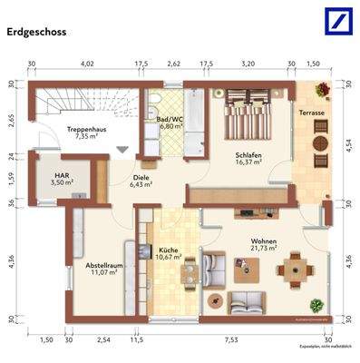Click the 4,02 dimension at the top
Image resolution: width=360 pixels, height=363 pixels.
[88, 64]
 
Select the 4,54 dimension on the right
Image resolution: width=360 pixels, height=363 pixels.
[350, 142]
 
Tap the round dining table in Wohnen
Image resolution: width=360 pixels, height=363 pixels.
[292, 269]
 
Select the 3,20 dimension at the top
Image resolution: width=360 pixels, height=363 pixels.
[248, 64]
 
